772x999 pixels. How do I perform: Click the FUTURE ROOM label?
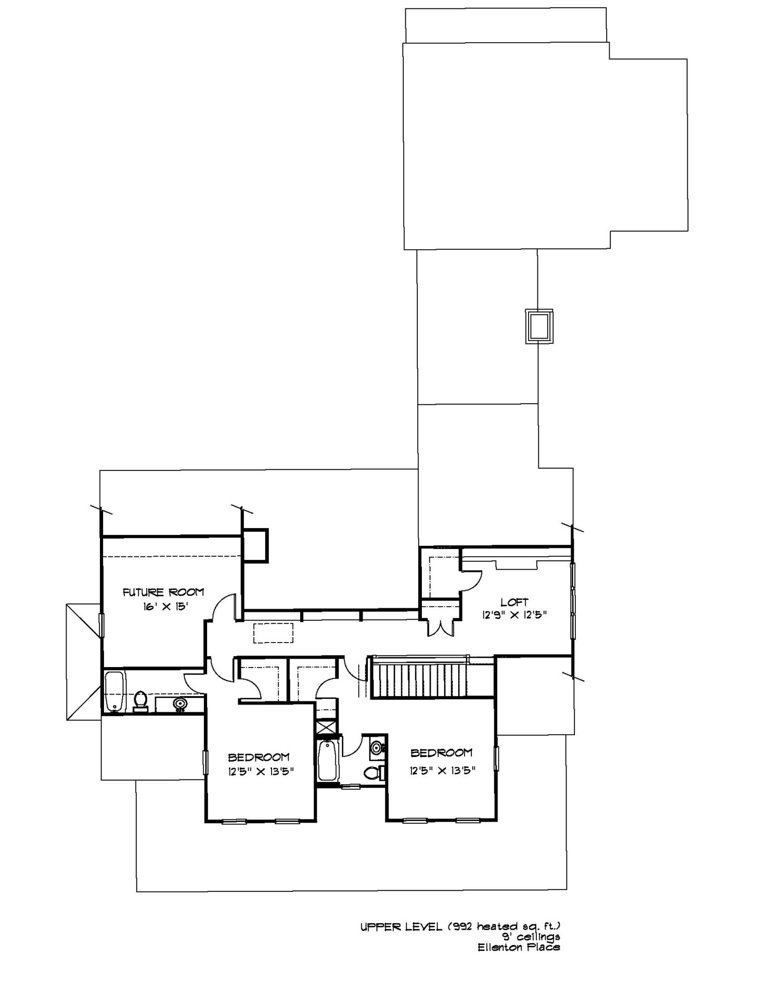[163, 592]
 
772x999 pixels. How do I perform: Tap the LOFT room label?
[514, 603]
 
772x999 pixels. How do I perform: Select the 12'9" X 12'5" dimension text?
[514, 614]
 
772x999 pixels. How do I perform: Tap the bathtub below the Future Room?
[114, 692]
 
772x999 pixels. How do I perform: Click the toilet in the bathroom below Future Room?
[140, 701]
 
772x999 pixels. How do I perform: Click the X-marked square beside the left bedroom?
[327, 726]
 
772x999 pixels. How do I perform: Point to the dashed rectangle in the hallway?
[273, 633]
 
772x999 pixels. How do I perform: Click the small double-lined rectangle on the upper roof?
[539, 326]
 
